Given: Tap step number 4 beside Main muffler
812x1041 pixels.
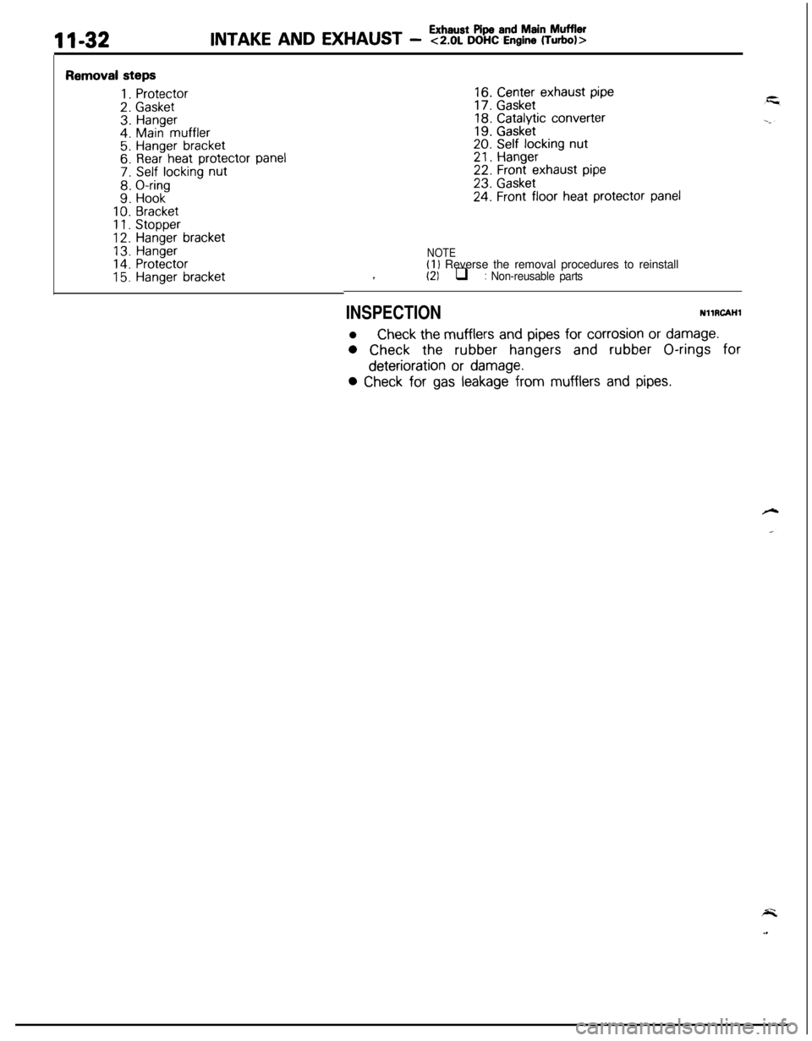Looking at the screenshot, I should pyautogui.click(x=125, y=132).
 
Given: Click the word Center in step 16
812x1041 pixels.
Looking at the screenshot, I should pyautogui.click(x=517, y=92).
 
